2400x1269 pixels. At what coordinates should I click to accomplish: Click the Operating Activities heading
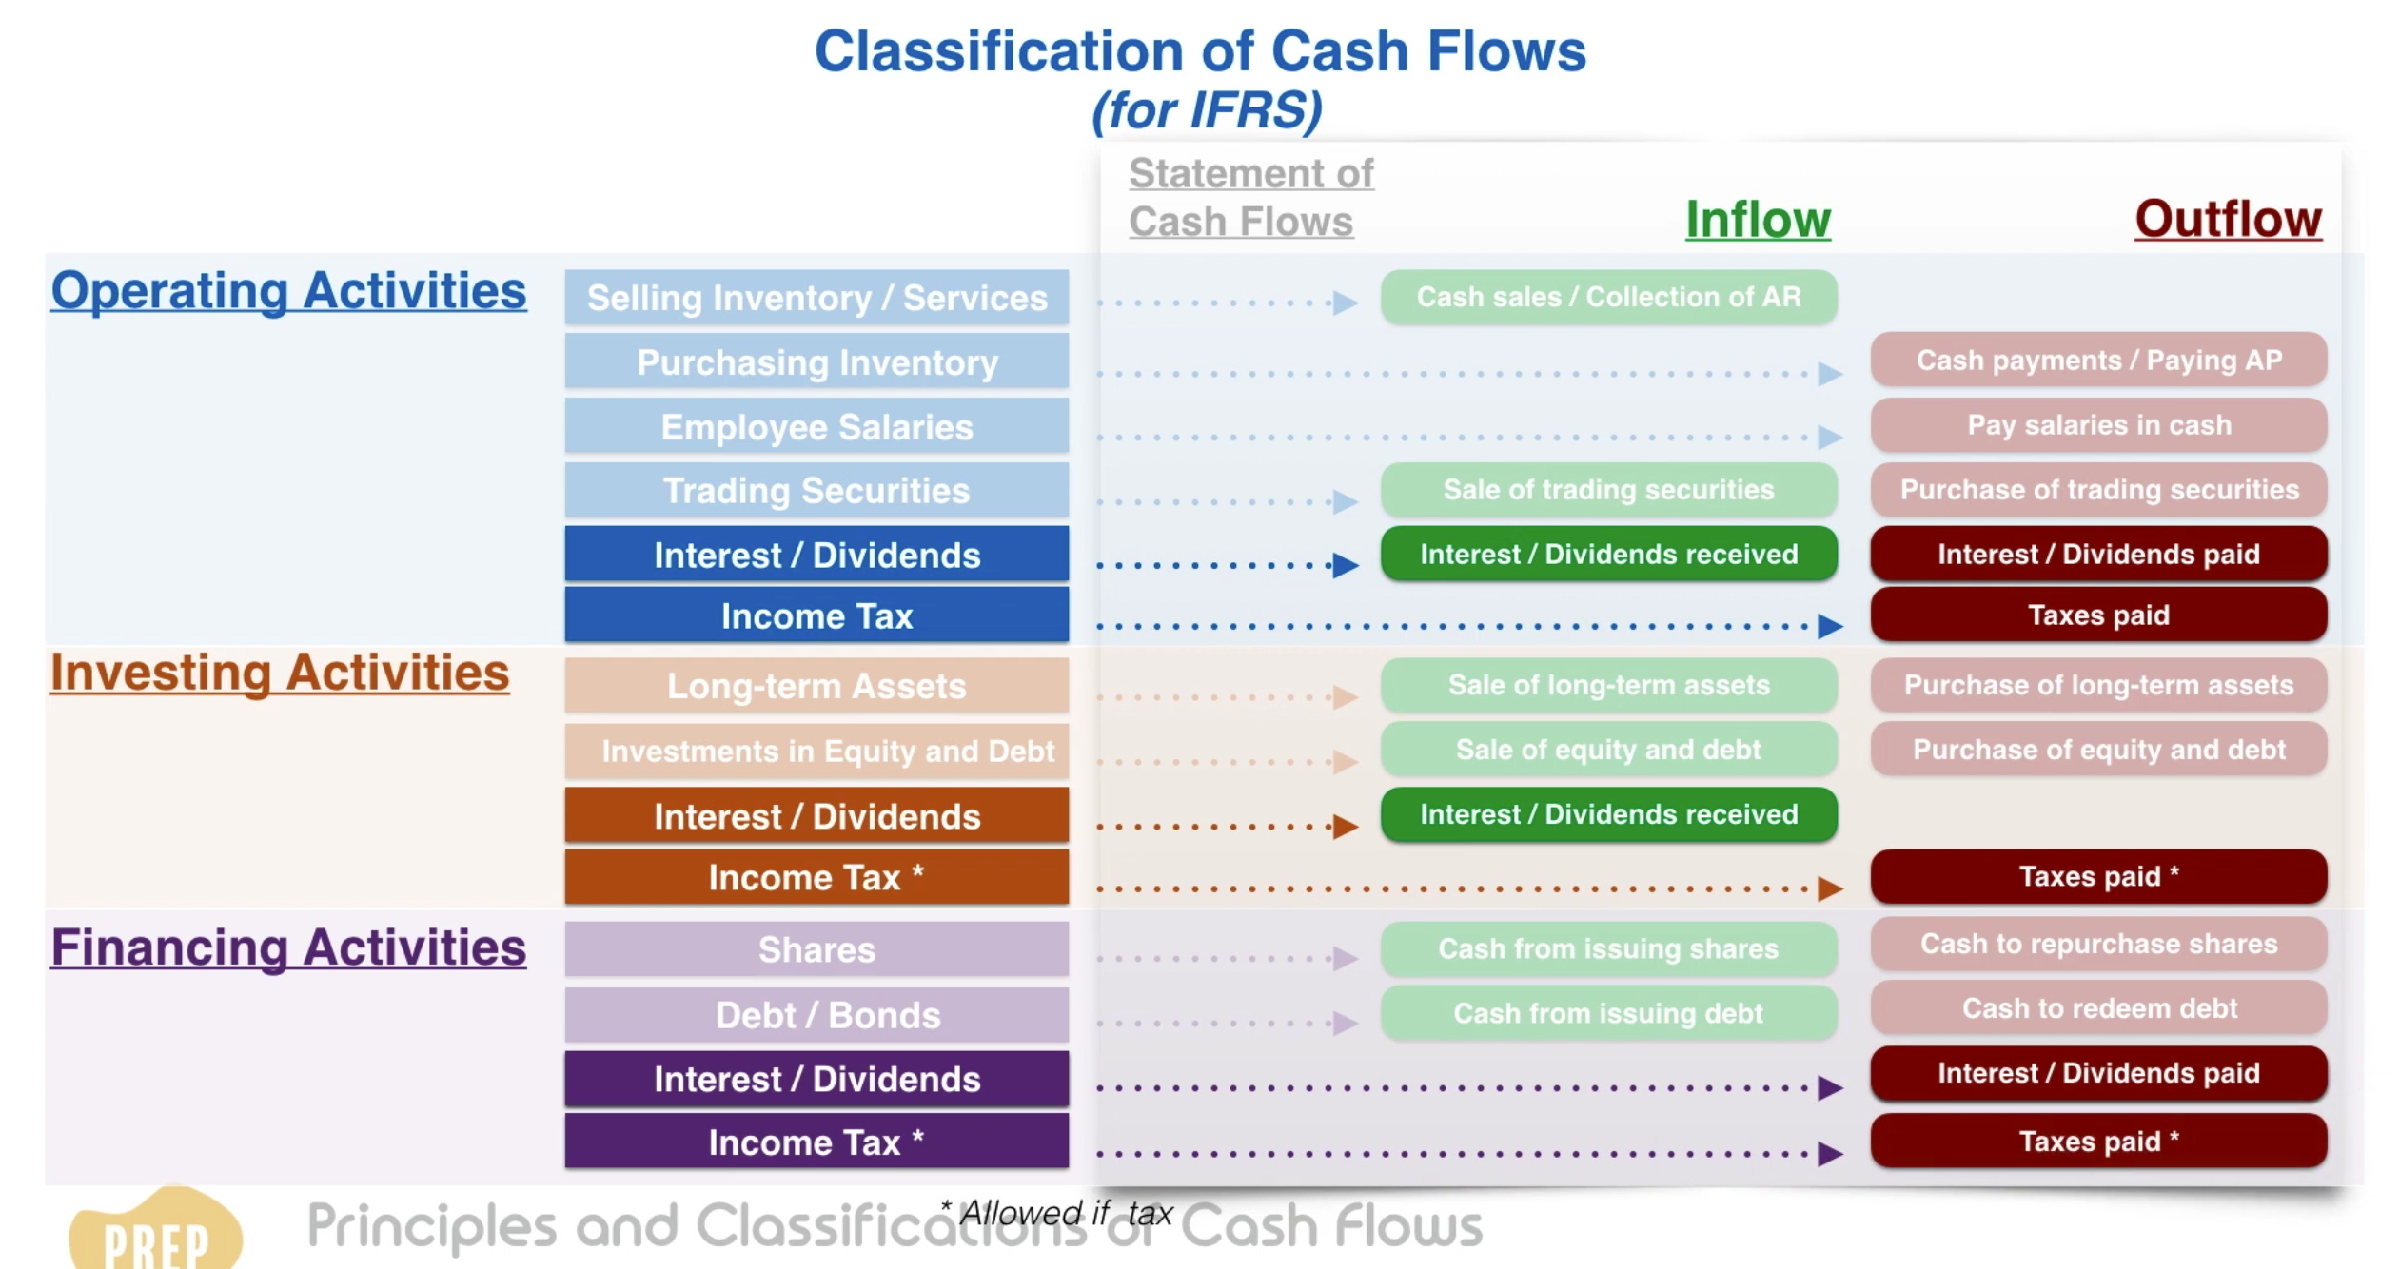click(x=288, y=290)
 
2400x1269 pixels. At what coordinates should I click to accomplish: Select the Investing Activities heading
click(x=280, y=673)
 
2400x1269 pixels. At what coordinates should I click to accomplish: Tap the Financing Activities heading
click(x=288, y=947)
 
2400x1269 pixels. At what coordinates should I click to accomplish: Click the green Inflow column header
click(x=1758, y=220)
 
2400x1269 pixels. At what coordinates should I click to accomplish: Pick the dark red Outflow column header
click(x=2228, y=220)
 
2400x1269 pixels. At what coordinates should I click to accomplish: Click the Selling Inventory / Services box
click(x=816, y=298)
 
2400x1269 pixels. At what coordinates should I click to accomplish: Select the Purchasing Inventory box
click(x=816, y=362)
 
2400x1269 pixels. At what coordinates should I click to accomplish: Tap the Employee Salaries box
click(x=816, y=427)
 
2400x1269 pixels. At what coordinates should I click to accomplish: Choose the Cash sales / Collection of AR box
click(x=1608, y=297)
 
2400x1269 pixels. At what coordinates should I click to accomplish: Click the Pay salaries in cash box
click(x=2098, y=424)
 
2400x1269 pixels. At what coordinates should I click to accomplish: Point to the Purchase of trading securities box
click(x=2098, y=490)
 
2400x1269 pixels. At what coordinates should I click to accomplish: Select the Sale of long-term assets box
click(x=1608, y=685)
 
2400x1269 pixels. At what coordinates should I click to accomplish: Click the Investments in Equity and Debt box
click(x=816, y=751)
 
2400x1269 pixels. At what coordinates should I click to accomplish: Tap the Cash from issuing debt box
click(x=1608, y=1013)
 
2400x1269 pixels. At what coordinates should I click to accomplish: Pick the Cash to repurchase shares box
click(x=2098, y=944)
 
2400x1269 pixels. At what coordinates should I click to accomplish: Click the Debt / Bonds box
click(x=816, y=1015)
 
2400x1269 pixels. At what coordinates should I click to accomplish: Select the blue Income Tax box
click(x=816, y=615)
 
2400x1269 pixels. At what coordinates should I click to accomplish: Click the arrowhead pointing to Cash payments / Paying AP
click(x=1830, y=374)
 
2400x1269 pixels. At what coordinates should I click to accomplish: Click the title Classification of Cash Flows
click(x=1200, y=51)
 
